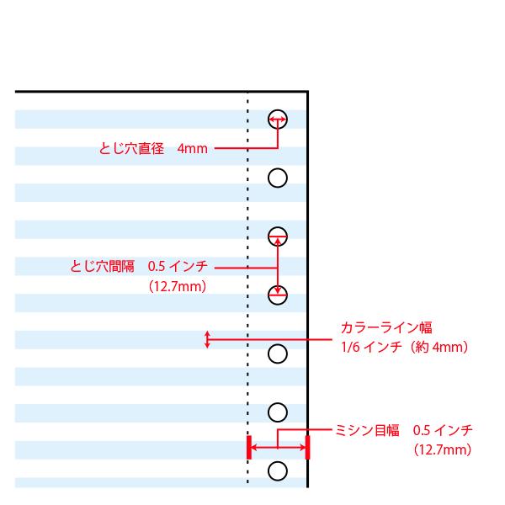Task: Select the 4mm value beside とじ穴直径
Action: pos(192,149)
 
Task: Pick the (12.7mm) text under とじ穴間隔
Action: pos(177,286)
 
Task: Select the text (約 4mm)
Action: pos(438,346)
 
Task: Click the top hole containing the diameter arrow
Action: pos(278,119)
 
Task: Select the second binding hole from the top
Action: pos(278,177)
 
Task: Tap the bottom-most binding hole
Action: pos(278,469)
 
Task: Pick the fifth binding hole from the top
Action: pos(278,353)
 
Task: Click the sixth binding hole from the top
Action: pos(278,411)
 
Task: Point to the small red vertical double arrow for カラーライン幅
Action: pos(207,340)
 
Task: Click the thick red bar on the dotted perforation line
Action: pos(247,447)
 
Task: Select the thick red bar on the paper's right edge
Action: pos(308,447)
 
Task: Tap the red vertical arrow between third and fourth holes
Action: pos(278,264)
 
